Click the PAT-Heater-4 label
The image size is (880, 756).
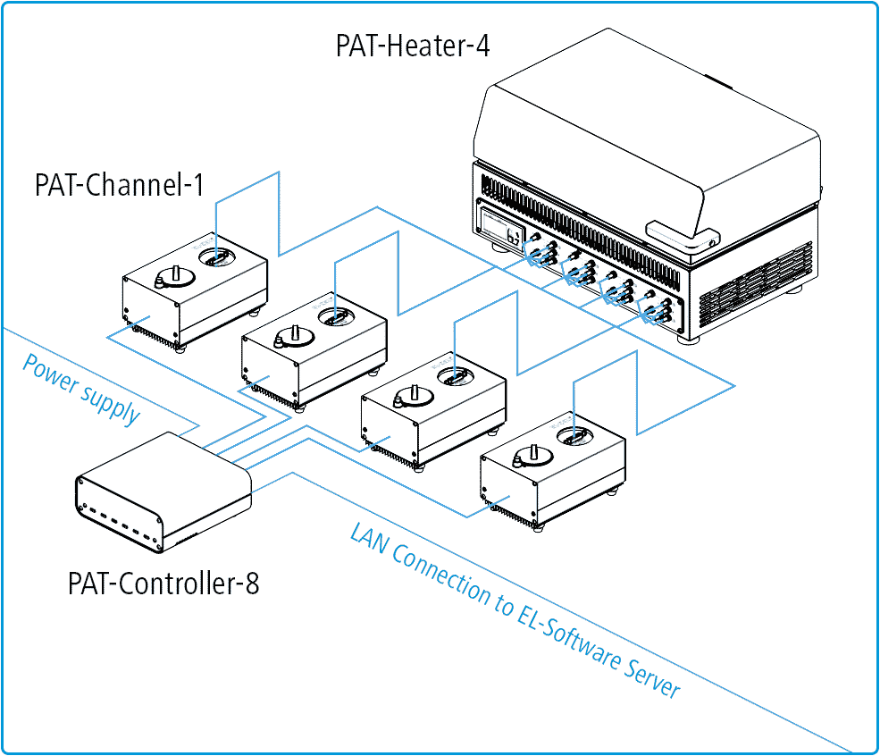412,45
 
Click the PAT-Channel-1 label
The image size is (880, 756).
119,185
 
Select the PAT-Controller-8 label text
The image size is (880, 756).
163,584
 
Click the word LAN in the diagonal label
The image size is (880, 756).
369,544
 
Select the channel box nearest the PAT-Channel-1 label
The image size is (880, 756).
195,290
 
